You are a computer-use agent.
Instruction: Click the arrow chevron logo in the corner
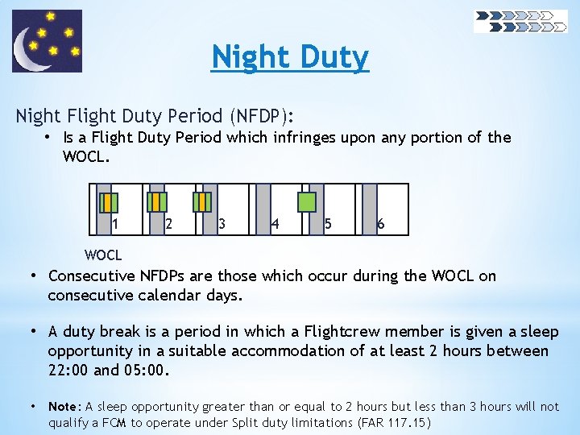pyautogui.click(x=520, y=21)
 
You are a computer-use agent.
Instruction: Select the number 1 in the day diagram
pyautogui.click(x=116, y=224)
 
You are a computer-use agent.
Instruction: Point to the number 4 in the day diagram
pyautogui.click(x=275, y=224)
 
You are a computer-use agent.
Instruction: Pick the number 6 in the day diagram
pyautogui.click(x=380, y=224)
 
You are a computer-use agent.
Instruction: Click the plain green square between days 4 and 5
pyautogui.click(x=307, y=201)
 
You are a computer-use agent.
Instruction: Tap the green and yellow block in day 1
pyautogui.click(x=107, y=201)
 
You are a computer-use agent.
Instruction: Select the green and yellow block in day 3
pyautogui.click(x=204, y=201)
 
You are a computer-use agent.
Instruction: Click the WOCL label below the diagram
pyautogui.click(x=103, y=255)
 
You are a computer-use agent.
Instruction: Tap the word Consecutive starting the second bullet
pyautogui.click(x=93, y=275)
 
